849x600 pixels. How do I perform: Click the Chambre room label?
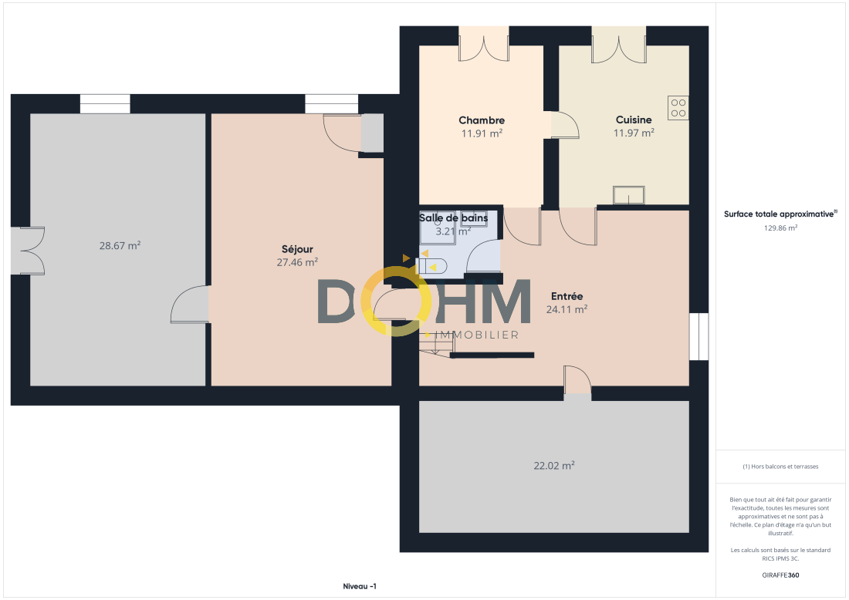pyautogui.click(x=482, y=120)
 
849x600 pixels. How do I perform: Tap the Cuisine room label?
pyautogui.click(x=634, y=120)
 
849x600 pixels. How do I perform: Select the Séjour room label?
pyautogui.click(x=297, y=249)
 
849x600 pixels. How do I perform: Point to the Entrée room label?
pyautogui.click(x=567, y=296)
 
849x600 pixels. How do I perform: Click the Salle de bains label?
pyautogui.click(x=453, y=217)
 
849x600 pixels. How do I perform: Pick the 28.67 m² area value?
pyautogui.click(x=120, y=245)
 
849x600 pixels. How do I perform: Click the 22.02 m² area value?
pyautogui.click(x=554, y=465)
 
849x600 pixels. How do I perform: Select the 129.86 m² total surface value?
pyautogui.click(x=780, y=228)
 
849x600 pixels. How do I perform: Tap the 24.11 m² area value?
pyautogui.click(x=567, y=309)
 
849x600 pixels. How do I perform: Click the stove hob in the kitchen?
pyautogui.click(x=678, y=107)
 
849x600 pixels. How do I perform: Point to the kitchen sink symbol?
pyautogui.click(x=628, y=195)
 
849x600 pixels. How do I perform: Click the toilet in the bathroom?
pyautogui.click(x=431, y=266)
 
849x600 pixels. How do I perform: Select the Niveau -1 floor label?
pyautogui.click(x=360, y=586)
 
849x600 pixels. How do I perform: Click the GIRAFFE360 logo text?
pyautogui.click(x=780, y=575)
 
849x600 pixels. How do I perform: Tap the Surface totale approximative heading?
pyautogui.click(x=780, y=214)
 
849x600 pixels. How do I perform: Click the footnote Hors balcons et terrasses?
pyautogui.click(x=780, y=467)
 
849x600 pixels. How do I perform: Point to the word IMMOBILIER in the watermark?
pyautogui.click(x=477, y=335)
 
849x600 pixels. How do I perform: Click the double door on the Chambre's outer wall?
pyautogui.click(x=483, y=44)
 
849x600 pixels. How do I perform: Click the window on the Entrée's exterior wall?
pyautogui.click(x=698, y=336)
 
